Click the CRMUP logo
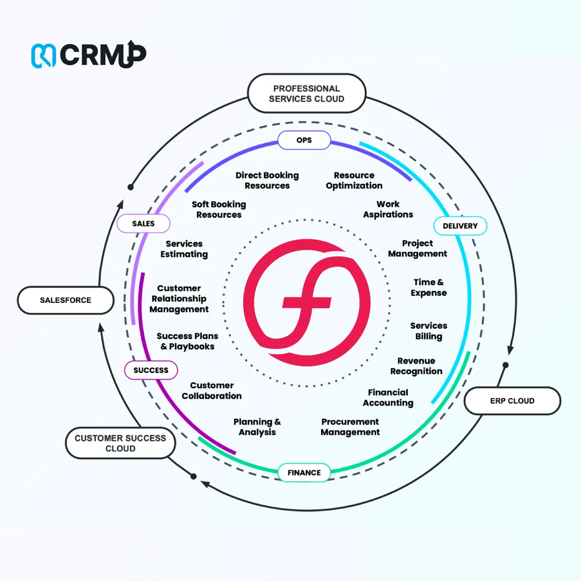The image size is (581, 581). (88, 55)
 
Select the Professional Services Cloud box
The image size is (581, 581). (306, 94)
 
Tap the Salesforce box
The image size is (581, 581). (66, 300)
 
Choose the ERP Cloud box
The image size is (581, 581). (512, 401)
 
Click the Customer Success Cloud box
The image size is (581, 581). (121, 443)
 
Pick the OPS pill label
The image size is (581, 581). (304, 140)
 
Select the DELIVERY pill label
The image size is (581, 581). (460, 226)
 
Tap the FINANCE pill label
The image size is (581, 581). (304, 472)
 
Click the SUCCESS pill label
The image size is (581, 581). (151, 370)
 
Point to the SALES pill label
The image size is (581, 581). (143, 223)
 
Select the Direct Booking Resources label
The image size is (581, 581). (267, 180)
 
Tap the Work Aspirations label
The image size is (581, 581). (388, 209)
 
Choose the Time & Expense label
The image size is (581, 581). (429, 287)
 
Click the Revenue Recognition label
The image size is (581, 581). (416, 366)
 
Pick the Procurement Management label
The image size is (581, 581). (350, 427)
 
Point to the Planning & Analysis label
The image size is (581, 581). (257, 427)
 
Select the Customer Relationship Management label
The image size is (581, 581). (179, 299)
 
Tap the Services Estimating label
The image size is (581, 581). (184, 249)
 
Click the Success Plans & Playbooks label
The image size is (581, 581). (187, 341)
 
